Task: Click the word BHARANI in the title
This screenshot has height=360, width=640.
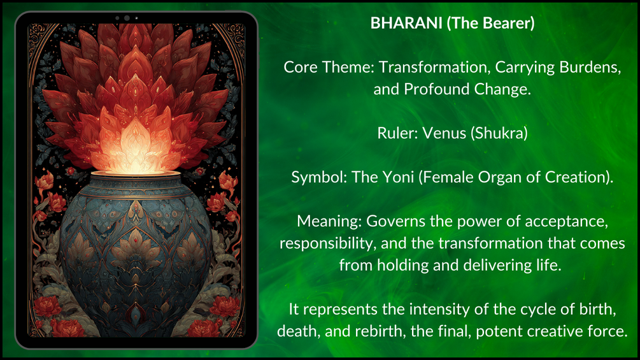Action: point(406,24)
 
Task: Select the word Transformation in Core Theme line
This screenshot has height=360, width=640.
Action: point(435,68)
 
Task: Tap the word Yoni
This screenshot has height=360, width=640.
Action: point(398,178)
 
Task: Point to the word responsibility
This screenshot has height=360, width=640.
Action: point(328,243)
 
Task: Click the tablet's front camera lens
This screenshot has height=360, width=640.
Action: point(127,18)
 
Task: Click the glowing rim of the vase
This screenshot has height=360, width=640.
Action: point(136,175)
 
